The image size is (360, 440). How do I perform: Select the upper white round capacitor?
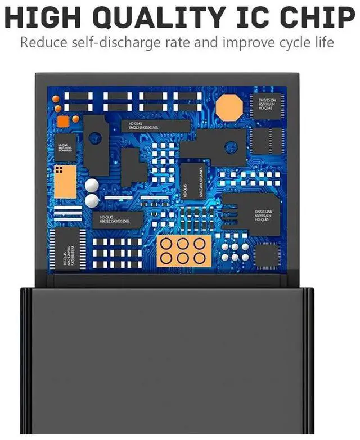coord(92,185)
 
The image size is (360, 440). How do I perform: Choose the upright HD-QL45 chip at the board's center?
coord(192,181)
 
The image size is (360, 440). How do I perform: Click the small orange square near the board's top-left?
coord(75,119)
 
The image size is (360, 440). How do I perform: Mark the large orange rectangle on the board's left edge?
coord(66,181)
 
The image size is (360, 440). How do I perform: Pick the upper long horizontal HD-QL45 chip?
coord(151,127)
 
